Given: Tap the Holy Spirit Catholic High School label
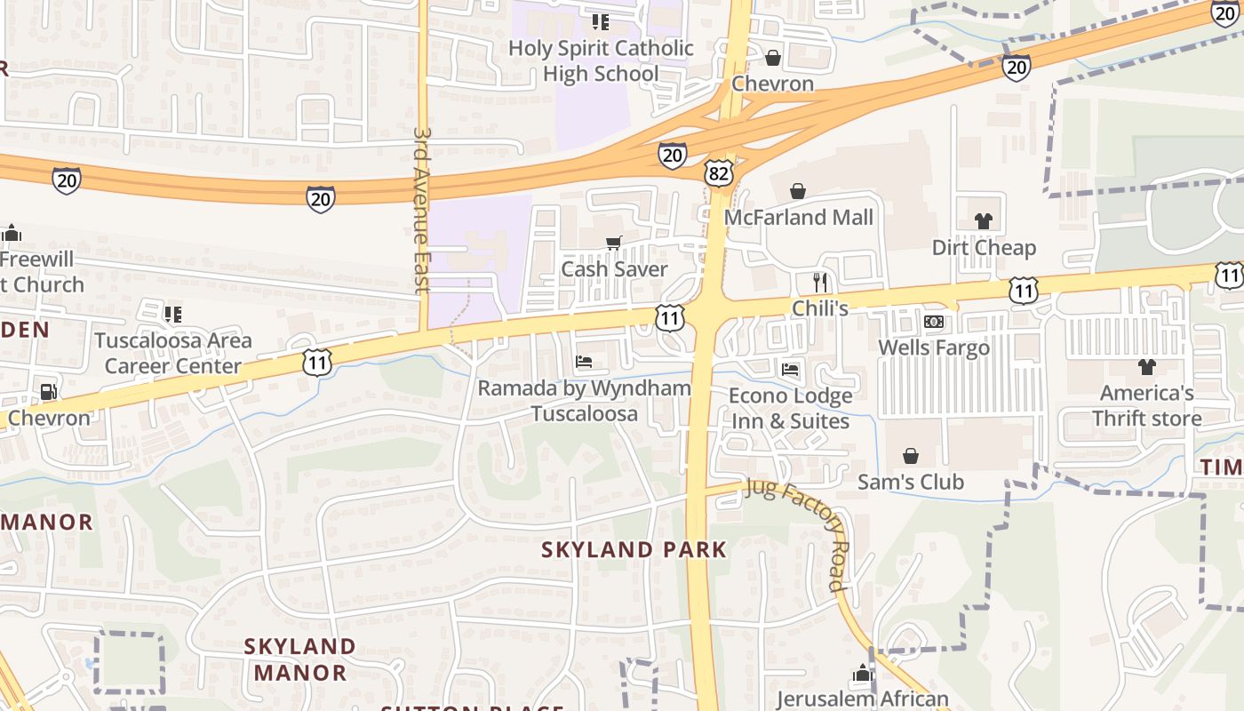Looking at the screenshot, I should pos(601,60).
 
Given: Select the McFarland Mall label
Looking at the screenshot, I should pos(799,218).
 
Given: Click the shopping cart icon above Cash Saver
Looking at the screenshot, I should pos(613,243).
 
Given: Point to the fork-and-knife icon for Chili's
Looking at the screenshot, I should pos(820,283).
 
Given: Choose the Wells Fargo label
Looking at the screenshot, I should pos(934,348).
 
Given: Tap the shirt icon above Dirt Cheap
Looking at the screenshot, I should pos(984,221).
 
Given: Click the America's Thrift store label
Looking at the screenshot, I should pos(1147,405).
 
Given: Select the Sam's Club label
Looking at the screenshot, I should pos(911,483).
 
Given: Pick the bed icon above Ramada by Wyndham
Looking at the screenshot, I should pos(584,362).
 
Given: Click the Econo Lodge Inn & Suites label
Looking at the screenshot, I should pos(791,408).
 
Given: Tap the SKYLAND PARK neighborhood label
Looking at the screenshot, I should pos(634,550).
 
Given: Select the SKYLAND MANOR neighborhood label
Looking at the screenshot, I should pos(299,659).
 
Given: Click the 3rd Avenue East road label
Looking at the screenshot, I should pos(422,209).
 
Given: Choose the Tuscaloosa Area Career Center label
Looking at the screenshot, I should pos(173,353).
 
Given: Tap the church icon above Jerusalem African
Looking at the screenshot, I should pos(863,675).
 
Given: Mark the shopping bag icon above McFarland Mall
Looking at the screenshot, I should pos(798,191).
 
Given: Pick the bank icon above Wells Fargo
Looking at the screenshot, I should pos(933,322).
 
